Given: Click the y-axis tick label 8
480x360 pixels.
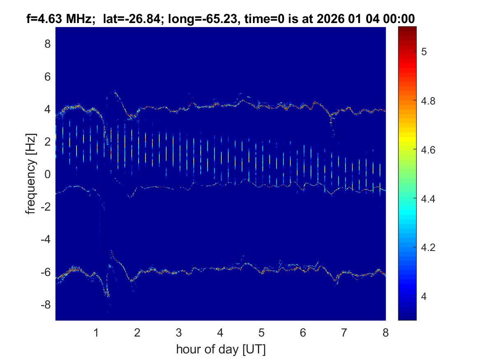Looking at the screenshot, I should click(x=48, y=44).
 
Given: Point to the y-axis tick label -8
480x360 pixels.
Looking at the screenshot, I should click(x=46, y=305).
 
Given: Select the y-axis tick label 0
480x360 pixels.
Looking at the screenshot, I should click(x=48, y=174).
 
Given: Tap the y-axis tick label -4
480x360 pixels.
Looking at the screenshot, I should click(x=46, y=239).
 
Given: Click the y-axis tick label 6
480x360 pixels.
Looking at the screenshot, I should click(x=48, y=76).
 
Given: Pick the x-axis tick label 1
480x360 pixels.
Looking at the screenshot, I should click(x=96, y=333).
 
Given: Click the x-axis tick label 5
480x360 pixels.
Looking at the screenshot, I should click(x=262, y=333).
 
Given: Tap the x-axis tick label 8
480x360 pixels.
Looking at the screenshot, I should click(x=385, y=333).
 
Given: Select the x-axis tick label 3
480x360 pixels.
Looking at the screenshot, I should click(x=179, y=333).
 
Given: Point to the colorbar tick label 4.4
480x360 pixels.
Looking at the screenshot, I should click(x=429, y=199).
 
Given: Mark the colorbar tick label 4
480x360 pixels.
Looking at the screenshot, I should click(x=425, y=297).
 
